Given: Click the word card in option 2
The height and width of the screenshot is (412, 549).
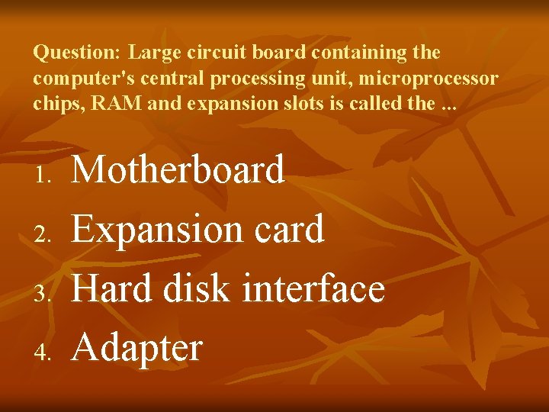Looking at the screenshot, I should pyautogui.click(x=294, y=229).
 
